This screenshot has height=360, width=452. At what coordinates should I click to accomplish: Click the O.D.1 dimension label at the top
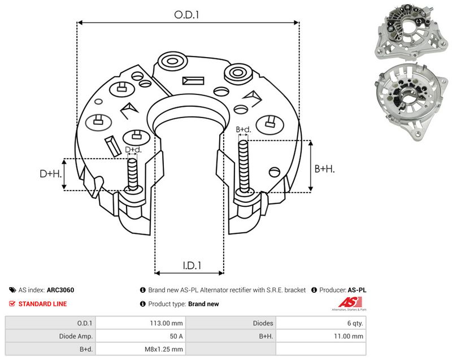(186, 15)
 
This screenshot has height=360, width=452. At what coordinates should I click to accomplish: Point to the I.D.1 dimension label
(192, 265)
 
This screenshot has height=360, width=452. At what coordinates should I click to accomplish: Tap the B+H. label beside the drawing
(324, 168)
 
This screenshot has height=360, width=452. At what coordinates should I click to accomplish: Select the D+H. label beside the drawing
(50, 174)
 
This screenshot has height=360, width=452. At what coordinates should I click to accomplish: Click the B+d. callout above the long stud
(244, 129)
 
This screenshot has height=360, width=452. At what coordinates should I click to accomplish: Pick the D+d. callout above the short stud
(133, 150)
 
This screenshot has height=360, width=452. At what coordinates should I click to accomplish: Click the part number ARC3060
(60, 290)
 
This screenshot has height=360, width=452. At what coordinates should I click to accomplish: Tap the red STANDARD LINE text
(42, 304)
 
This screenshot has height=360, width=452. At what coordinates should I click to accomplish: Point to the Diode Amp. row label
(76, 336)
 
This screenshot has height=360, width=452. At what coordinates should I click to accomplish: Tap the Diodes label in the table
(263, 323)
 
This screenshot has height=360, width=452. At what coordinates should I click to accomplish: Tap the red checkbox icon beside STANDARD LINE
(12, 304)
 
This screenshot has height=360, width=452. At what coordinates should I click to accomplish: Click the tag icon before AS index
(12, 290)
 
